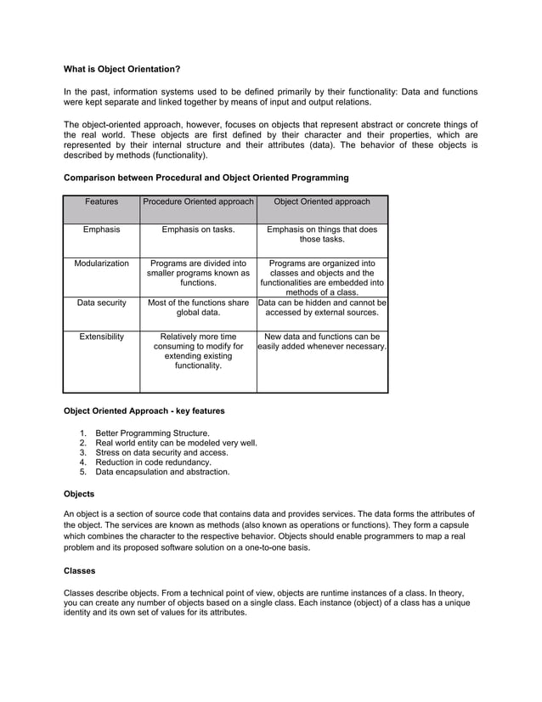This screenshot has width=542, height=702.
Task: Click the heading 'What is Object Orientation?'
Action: pos(122,69)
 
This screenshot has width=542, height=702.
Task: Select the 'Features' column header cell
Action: pos(101,202)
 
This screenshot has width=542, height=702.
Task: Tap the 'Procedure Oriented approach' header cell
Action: pos(198,202)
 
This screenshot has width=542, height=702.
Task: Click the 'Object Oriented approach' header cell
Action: pos(322,202)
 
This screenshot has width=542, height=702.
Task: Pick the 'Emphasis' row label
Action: pos(101,229)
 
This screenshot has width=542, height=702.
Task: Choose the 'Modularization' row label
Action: pos(101,263)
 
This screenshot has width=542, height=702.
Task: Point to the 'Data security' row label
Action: pos(101,302)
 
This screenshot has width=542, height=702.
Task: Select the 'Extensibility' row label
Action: pos(101,337)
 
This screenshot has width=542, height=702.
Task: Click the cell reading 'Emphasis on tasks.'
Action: pos(198,229)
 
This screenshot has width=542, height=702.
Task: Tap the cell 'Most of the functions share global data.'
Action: pos(198,307)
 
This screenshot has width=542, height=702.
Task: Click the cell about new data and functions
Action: pos(322,342)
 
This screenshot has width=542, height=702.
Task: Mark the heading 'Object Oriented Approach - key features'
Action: pos(144,410)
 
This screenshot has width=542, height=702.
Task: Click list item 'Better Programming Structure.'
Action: pos(152,433)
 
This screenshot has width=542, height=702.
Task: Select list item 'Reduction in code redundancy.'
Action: pos(153,462)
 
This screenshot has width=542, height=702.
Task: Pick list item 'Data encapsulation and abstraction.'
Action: pos(162,472)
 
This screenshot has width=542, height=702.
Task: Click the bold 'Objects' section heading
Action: pos(80,493)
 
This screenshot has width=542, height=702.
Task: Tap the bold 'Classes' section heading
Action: pos(80,570)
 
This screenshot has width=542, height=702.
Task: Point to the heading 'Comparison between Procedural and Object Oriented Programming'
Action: pos(206,178)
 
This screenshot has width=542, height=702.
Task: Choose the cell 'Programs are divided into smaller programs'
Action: pos(198,273)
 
